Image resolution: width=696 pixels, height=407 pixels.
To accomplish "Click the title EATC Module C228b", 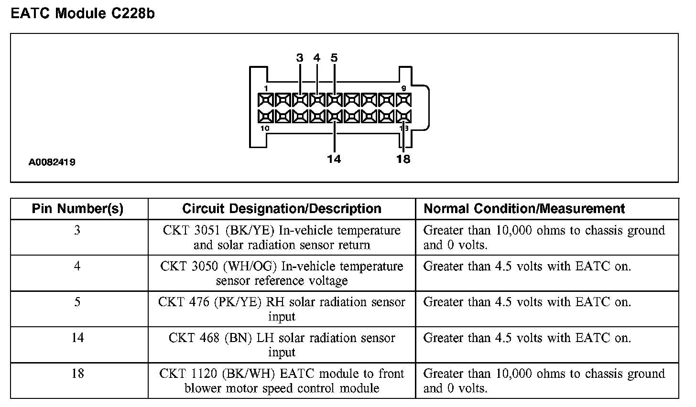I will pyautogui.click(x=83, y=13).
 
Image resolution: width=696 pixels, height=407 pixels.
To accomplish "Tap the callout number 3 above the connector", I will pyautogui.click(x=300, y=58).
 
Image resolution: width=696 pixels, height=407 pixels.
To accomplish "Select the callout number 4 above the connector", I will pyautogui.click(x=316, y=58).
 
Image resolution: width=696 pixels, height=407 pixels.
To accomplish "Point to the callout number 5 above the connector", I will pyautogui.click(x=334, y=58).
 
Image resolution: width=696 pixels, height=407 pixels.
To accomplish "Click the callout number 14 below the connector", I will pyautogui.click(x=334, y=159).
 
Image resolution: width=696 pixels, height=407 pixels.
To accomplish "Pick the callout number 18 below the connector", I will pyautogui.click(x=403, y=159).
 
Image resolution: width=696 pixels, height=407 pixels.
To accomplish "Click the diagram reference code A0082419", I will pyautogui.click(x=52, y=162).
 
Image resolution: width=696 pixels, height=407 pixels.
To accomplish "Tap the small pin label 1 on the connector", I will pyautogui.click(x=266, y=88).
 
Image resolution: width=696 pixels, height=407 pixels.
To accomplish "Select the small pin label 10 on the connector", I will pyautogui.click(x=265, y=129).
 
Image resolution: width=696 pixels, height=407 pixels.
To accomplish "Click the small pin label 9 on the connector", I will pyautogui.click(x=403, y=88).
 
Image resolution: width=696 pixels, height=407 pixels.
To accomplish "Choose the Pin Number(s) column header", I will pyautogui.click(x=77, y=209).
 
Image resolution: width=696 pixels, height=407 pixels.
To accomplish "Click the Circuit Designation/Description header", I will pyautogui.click(x=282, y=209).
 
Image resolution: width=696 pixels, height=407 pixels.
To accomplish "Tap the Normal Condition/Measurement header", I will pyautogui.click(x=524, y=209).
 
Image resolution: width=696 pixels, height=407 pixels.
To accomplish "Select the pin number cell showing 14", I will pyautogui.click(x=77, y=338).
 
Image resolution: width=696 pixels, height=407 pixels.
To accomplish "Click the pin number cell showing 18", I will pyautogui.click(x=77, y=374).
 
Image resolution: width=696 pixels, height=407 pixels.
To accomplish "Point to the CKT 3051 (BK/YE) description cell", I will pyautogui.click(x=282, y=237).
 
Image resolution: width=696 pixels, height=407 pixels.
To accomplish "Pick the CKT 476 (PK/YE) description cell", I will pyautogui.click(x=282, y=309).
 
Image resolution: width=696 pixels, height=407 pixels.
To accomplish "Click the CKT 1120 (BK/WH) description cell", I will pyautogui.click(x=282, y=381).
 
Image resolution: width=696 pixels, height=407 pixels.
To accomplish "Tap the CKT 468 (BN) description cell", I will pyautogui.click(x=282, y=345).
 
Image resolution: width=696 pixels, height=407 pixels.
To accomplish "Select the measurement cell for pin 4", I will pyautogui.click(x=527, y=267).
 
